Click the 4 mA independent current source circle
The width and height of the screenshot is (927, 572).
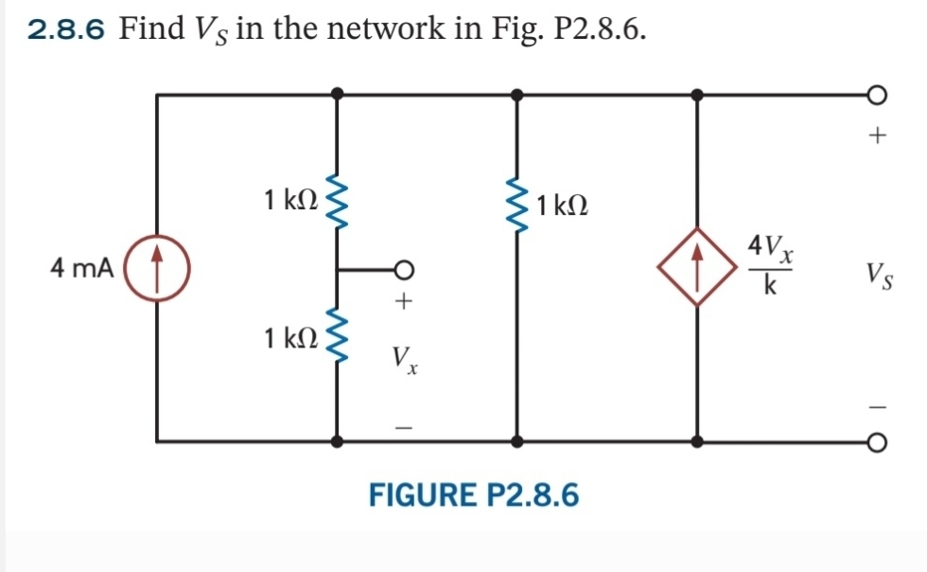(157, 269)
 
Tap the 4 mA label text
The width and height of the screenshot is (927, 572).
(81, 269)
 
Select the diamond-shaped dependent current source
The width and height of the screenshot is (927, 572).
(697, 268)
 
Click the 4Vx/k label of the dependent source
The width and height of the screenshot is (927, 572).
(772, 266)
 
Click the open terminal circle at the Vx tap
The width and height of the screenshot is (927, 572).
(405, 269)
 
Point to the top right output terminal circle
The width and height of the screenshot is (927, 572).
(877, 95)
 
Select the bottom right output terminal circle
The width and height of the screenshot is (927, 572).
(877, 441)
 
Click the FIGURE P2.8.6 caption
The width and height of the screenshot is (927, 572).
(473, 494)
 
